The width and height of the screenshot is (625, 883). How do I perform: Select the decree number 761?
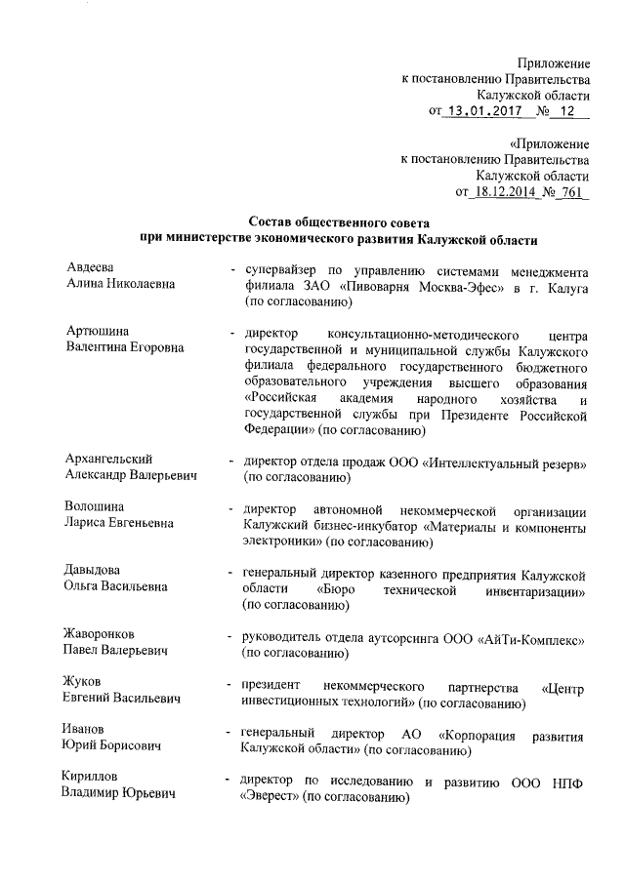(x=570, y=192)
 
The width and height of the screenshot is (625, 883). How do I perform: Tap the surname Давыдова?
(x=93, y=571)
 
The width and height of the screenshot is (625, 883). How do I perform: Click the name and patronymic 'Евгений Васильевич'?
(x=121, y=699)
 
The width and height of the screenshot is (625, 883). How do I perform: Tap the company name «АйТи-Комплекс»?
(x=528, y=636)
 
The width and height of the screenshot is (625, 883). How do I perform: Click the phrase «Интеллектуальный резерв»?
(x=503, y=461)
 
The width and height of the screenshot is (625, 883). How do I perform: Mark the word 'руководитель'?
(x=285, y=636)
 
